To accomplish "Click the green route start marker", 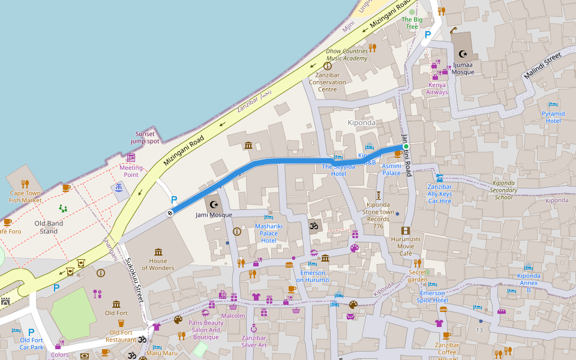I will [x=406, y=146].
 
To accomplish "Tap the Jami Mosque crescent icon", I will [x=212, y=205].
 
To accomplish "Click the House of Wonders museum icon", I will [x=158, y=252].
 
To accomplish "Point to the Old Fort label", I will [x=116, y=313].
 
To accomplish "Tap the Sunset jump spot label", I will [x=145, y=137].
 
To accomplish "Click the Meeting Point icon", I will [x=131, y=157].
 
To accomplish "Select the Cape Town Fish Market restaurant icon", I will [x=25, y=184].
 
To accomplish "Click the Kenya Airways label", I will [x=437, y=88].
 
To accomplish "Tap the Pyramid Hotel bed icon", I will [x=553, y=105].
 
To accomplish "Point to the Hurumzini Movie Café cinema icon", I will [x=406, y=231].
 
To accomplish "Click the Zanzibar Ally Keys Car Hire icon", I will [x=440, y=178].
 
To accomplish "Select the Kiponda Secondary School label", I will [x=503, y=190].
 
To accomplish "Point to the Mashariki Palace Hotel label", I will [x=268, y=233].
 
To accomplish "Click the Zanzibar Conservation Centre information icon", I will [x=327, y=66].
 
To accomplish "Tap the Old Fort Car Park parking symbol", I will [x=31, y=332].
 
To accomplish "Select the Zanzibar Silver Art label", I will [x=254, y=341].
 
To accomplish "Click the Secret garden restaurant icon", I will [x=417, y=263].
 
